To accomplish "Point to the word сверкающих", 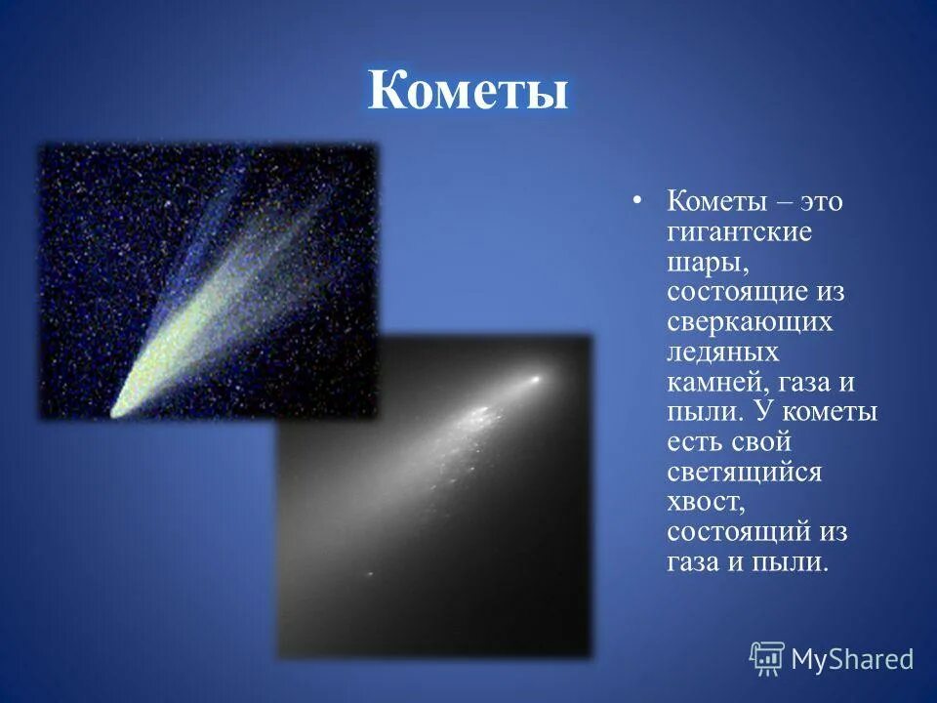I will click(x=750, y=322).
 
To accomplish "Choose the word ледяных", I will click(x=723, y=351).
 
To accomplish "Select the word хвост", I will click(x=706, y=502).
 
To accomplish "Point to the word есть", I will click(x=696, y=442).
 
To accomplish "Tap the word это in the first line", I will click(x=821, y=202).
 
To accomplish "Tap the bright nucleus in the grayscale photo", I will click(x=534, y=378).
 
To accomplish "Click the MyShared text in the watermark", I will click(x=851, y=659).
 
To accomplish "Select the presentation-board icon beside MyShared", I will click(x=767, y=658).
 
